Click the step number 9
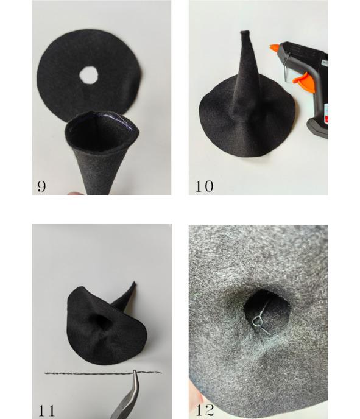point(41,186)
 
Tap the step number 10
point(205,186)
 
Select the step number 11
point(47,410)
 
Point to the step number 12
point(205,410)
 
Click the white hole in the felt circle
point(89,76)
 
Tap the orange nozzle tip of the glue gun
point(274,48)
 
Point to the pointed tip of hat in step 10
point(245,33)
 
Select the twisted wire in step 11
point(103,373)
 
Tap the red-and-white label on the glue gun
point(326,113)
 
